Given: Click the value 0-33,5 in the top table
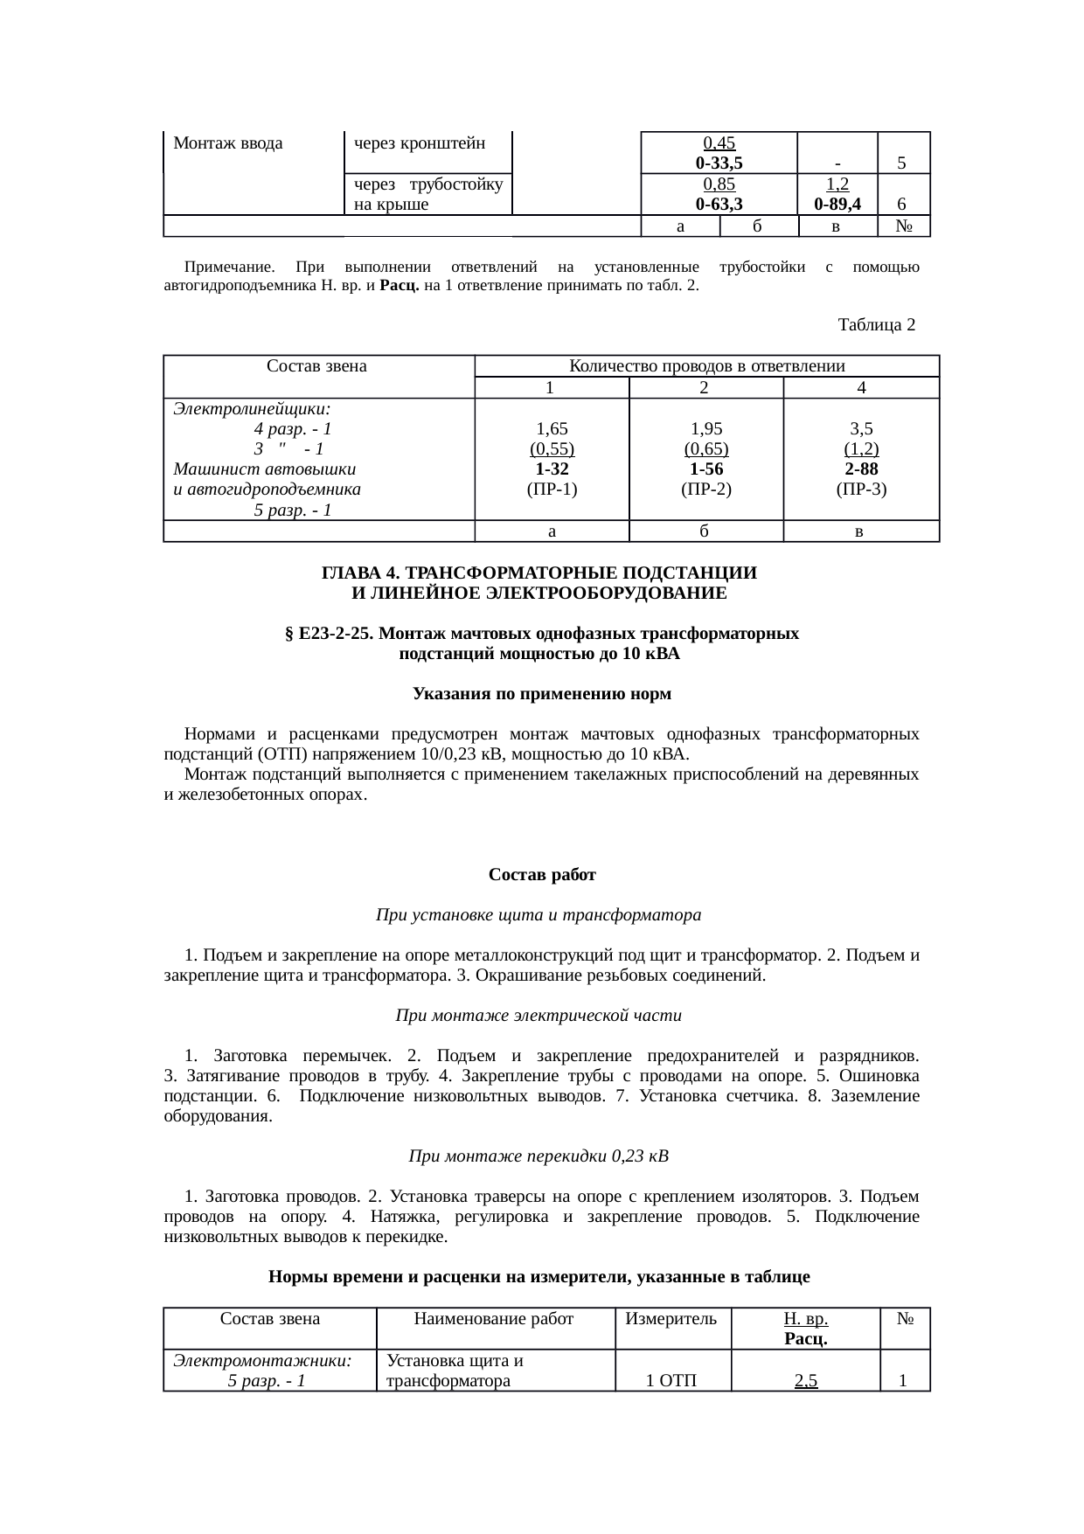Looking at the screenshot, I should point(719,163).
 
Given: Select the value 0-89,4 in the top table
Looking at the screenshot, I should point(837,205).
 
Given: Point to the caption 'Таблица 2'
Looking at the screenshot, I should point(876,325).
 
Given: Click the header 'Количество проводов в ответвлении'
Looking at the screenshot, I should point(706,365).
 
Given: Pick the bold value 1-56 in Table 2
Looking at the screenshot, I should point(705,469).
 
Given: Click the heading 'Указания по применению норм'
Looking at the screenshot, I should point(541,694).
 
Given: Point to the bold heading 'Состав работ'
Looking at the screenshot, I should point(542,875).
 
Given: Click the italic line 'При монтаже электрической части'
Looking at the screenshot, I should point(539,1016).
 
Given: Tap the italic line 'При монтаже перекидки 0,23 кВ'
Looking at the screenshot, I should point(539,1156).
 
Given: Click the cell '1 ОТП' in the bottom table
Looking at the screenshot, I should point(671,1381).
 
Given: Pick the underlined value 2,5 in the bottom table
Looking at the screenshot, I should point(805,1381).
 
